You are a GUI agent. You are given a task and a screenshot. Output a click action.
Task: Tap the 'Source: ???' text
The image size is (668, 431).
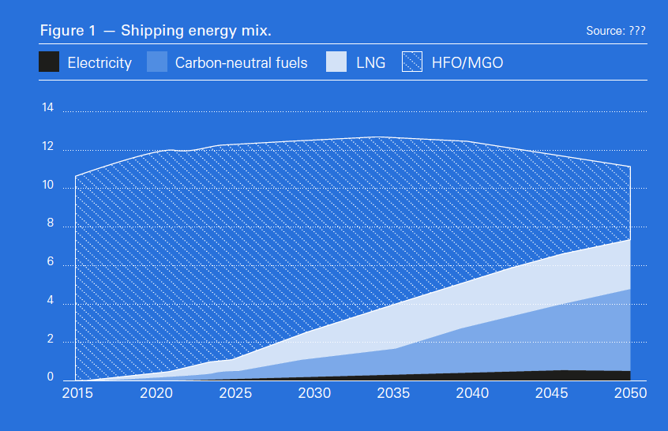click(616, 31)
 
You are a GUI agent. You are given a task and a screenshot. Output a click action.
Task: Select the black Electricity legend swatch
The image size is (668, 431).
click(49, 62)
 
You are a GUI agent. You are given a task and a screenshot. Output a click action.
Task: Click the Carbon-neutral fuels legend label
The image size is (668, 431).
click(241, 62)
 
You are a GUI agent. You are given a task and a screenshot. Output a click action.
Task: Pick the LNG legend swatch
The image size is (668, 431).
click(336, 62)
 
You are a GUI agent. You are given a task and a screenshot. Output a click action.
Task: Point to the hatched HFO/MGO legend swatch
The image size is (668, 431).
click(413, 62)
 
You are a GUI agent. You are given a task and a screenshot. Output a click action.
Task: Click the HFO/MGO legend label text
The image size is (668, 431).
click(468, 62)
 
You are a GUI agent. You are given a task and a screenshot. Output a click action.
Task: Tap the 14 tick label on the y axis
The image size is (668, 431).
click(47, 108)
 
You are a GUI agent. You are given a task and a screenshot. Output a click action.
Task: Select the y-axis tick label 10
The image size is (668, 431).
click(47, 186)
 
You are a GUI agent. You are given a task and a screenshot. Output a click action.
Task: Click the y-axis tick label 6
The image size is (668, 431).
click(48, 263)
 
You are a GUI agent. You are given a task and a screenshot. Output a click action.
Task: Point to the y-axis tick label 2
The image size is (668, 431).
click(48, 339)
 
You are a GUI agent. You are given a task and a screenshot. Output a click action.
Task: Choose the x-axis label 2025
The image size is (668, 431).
click(235, 393)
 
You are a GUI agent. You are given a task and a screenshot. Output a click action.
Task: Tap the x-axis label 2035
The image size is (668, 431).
click(393, 393)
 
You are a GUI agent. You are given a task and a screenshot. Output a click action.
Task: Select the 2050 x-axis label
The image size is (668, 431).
click(630, 393)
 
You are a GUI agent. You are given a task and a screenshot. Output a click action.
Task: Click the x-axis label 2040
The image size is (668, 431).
click(472, 393)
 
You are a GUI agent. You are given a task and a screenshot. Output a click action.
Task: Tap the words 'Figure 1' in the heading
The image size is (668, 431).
click(68, 31)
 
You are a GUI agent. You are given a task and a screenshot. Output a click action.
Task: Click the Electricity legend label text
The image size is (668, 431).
click(99, 62)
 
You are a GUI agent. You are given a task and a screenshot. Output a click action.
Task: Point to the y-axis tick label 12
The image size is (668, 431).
click(47, 147)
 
